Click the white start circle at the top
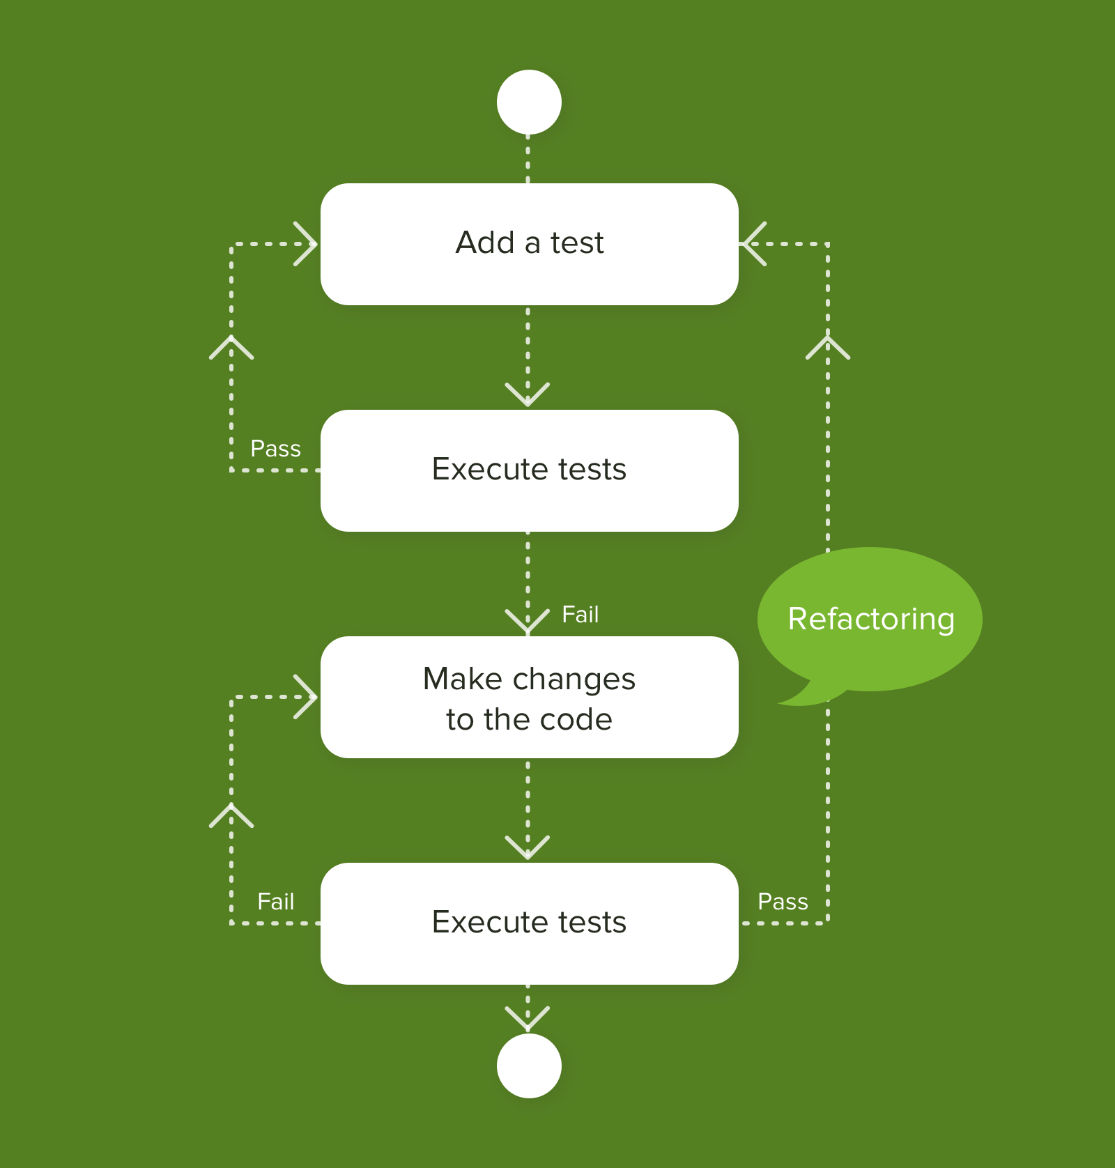coord(529,102)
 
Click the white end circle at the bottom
coord(529,1066)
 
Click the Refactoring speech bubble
coord(870,619)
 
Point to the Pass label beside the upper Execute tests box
coord(275,449)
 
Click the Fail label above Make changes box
coord(580,615)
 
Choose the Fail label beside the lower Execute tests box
coord(275,902)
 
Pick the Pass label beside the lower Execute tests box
coord(783,902)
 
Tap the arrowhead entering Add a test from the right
coord(753,244)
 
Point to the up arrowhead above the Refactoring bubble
coord(828,346)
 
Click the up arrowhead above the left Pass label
coord(231,346)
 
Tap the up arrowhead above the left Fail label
coord(231,815)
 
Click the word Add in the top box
coord(485,243)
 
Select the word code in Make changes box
coord(576,719)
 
